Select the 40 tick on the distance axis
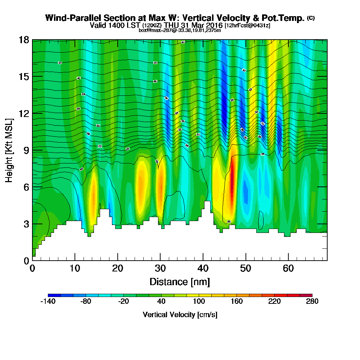click(203, 268)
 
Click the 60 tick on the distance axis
click(288, 268)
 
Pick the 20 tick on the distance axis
click(118, 268)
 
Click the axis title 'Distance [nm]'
click(180, 282)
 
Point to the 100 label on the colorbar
click(199, 302)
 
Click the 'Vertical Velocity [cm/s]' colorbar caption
click(180, 315)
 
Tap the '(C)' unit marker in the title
click(311, 18)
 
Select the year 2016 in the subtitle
click(212, 26)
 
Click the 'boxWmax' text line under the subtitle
click(180, 30)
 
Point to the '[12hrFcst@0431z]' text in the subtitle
click(247, 26)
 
